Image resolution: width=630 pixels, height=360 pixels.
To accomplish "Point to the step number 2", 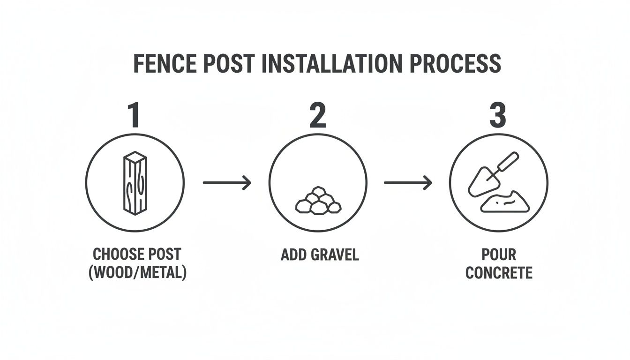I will point(317,116).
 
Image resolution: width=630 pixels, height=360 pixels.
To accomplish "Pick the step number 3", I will point(497,116).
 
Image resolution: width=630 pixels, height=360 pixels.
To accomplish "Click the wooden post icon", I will point(135,183).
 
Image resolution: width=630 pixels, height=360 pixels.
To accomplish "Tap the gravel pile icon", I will point(318,201).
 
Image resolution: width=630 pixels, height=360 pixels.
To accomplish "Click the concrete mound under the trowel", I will point(505,202).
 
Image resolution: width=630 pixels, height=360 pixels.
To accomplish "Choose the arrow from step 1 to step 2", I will point(227,182).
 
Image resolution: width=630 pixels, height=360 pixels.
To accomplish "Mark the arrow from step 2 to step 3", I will point(408,182).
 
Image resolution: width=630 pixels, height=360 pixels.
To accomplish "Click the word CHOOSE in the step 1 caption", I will point(117,255).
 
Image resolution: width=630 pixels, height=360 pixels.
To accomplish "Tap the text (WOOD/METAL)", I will point(137,272).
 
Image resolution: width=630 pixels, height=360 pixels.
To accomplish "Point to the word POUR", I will point(499,255).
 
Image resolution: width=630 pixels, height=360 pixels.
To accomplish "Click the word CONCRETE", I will point(499,272).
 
